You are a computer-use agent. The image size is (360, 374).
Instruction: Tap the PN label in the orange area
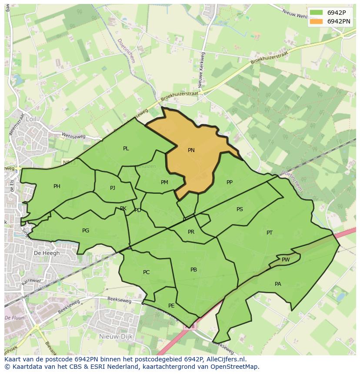pyautogui.click(x=191, y=150)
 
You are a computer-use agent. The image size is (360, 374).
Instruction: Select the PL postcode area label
pyautogui.click(x=126, y=149)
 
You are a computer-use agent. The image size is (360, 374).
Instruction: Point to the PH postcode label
pyautogui.click(x=57, y=186)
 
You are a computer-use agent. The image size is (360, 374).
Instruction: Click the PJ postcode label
pyautogui.click(x=113, y=188)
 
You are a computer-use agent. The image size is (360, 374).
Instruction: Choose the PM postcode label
pyautogui.click(x=164, y=182)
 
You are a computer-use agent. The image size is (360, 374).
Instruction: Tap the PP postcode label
pyautogui.click(x=230, y=182)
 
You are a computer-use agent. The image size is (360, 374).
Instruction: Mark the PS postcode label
pyautogui.click(x=240, y=209)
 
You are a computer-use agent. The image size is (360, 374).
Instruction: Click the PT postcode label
pyautogui.click(x=270, y=233)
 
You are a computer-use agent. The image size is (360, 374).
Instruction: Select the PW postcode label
pyautogui.click(x=286, y=260)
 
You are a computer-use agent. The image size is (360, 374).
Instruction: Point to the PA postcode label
pyautogui.click(x=278, y=284)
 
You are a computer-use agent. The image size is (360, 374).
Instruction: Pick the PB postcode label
pyautogui.click(x=193, y=270)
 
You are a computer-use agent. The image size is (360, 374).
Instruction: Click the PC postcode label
pyautogui.click(x=146, y=272)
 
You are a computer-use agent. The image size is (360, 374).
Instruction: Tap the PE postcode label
pyautogui.click(x=171, y=306)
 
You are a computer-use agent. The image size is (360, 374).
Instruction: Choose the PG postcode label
pyautogui.click(x=86, y=231)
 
